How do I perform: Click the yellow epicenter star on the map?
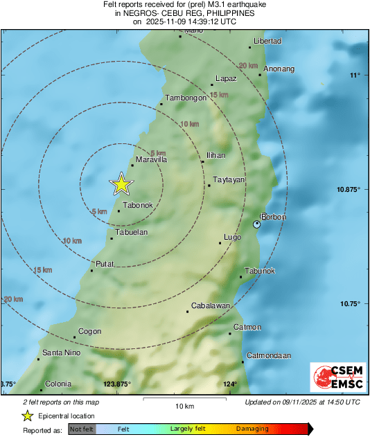point(121,184)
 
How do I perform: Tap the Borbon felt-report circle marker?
point(257,224)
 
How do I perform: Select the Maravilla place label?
point(152,160)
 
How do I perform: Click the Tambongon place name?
point(186,98)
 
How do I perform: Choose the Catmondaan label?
point(268,355)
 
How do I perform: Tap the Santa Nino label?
point(62,353)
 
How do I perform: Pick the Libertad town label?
point(267,42)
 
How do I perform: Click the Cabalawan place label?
point(211,305)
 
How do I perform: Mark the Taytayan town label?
point(228,180)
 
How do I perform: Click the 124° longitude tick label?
point(230,384)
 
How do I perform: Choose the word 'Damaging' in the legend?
point(252,429)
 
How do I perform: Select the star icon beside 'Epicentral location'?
point(27,416)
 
